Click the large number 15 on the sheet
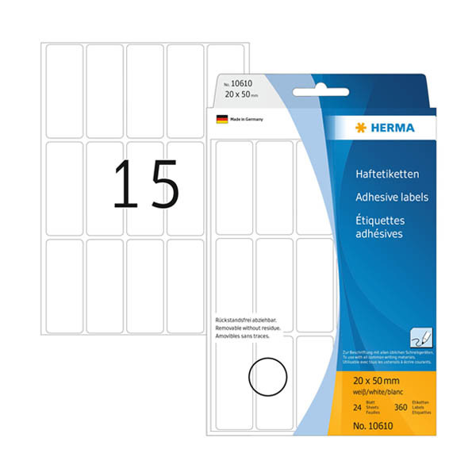pos(146,185)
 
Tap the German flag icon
pos(221,120)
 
